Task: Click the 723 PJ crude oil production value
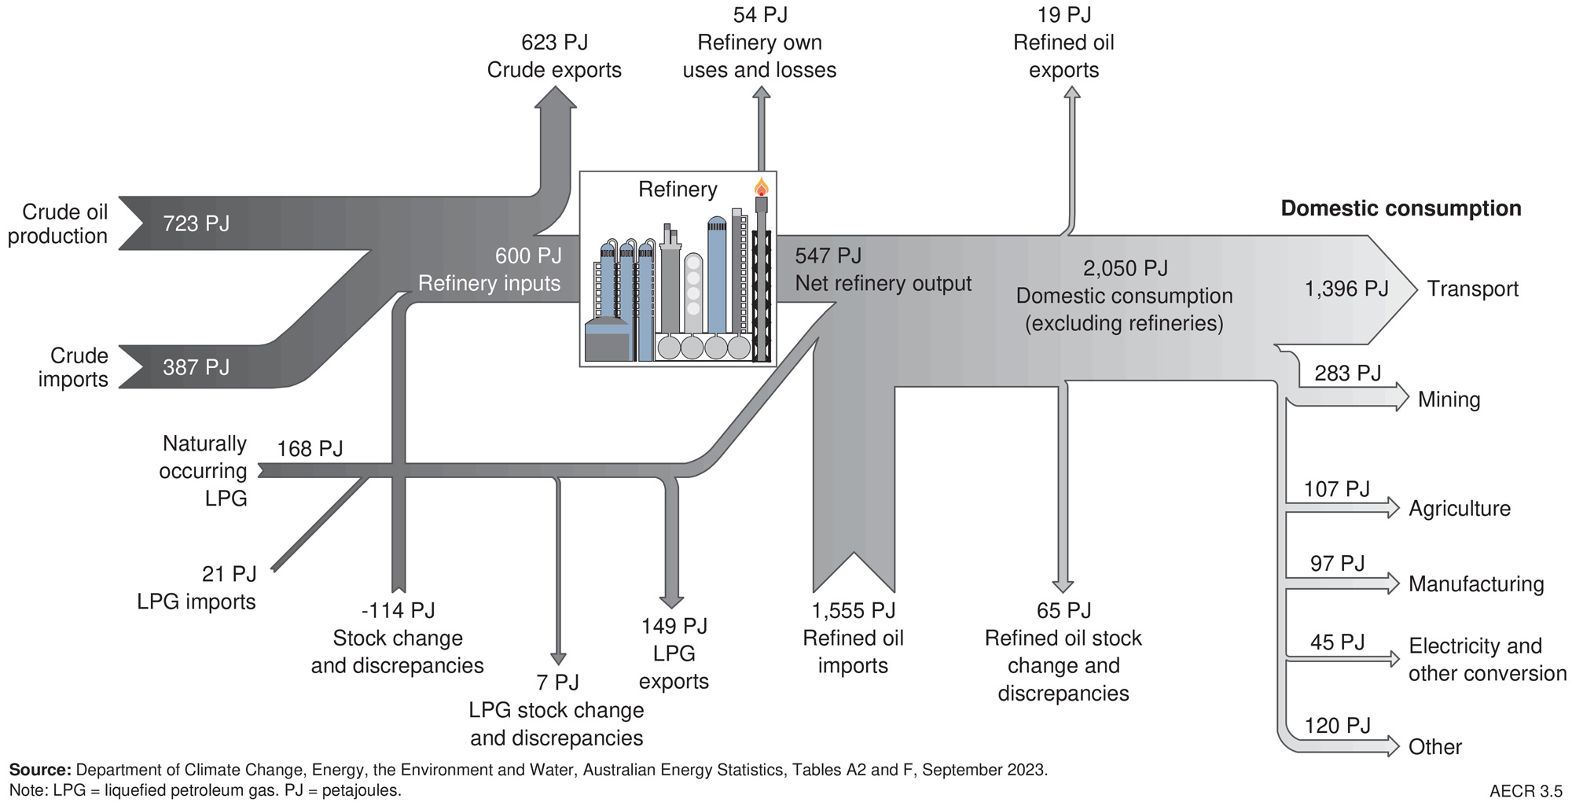pos(196,224)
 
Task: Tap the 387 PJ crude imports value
pos(196,367)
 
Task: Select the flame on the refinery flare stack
pos(761,187)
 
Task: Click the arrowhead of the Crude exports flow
pos(556,98)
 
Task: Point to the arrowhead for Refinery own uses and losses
pos(761,93)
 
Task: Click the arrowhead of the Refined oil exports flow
pos(1071,93)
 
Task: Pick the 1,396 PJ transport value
pos(1346,289)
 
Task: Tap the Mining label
pos(1449,400)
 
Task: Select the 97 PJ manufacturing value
pos(1337,564)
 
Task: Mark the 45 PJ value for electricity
pos(1337,642)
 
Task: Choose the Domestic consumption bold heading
pos(1401,208)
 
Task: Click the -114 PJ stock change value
pos(398,610)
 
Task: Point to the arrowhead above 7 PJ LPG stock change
pos(558,659)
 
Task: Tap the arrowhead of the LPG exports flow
pos(671,601)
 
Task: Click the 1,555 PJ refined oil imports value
pos(853,611)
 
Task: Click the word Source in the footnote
pos(39,770)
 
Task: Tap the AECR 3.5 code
pos(1526,791)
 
